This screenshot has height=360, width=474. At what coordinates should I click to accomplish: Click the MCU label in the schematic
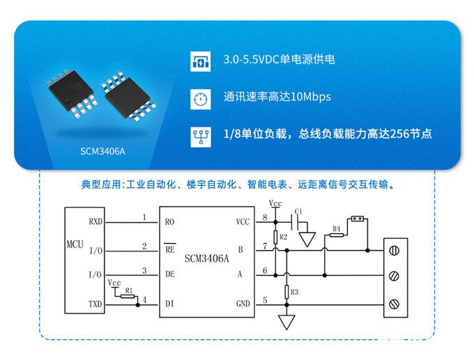(x=75, y=245)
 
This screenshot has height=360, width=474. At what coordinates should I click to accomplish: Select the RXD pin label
(x=95, y=221)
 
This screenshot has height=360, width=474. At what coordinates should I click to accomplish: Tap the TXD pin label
(x=95, y=305)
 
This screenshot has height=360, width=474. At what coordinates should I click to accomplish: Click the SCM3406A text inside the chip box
(x=207, y=258)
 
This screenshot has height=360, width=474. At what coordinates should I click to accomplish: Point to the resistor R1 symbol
(x=127, y=295)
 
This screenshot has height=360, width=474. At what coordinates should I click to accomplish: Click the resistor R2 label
(x=283, y=237)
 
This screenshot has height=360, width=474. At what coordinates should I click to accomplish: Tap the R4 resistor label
(x=336, y=228)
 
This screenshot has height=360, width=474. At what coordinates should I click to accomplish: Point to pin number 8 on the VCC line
(x=264, y=218)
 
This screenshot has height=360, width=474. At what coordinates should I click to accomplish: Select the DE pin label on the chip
(x=169, y=274)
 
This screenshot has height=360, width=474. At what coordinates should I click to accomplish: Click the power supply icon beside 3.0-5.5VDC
(x=200, y=60)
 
